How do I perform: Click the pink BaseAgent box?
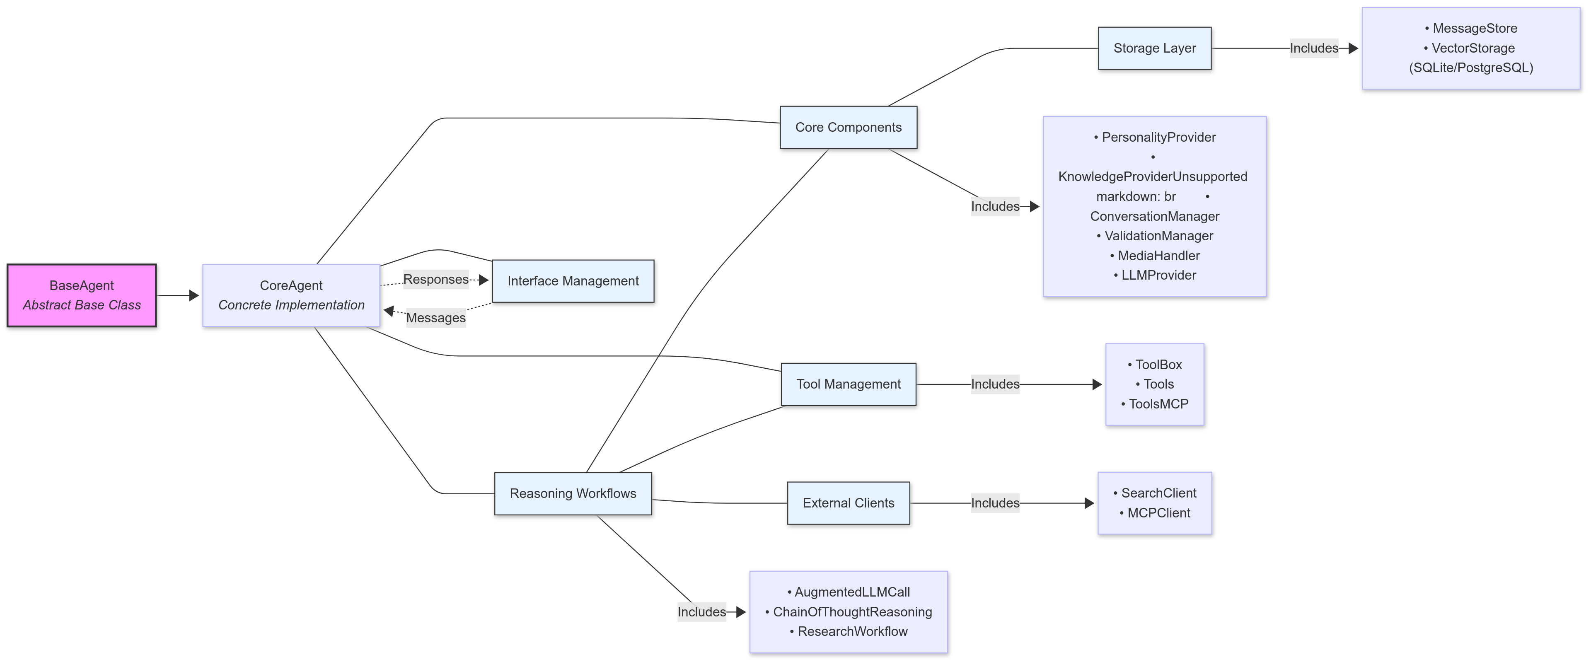tap(82, 295)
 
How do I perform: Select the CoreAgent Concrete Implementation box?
tap(291, 295)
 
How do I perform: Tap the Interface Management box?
tap(573, 281)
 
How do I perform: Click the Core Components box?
tap(848, 127)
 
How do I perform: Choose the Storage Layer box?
tap(1154, 48)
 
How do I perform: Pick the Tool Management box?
tap(848, 384)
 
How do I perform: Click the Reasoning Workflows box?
tap(573, 493)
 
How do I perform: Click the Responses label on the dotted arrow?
tap(435, 279)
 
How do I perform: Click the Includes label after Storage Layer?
tap(1314, 48)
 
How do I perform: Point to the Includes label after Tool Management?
tap(995, 384)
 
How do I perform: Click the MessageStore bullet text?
tap(1474, 29)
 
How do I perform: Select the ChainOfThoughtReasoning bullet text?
tap(852, 611)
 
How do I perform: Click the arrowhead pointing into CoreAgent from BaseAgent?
tap(194, 295)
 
